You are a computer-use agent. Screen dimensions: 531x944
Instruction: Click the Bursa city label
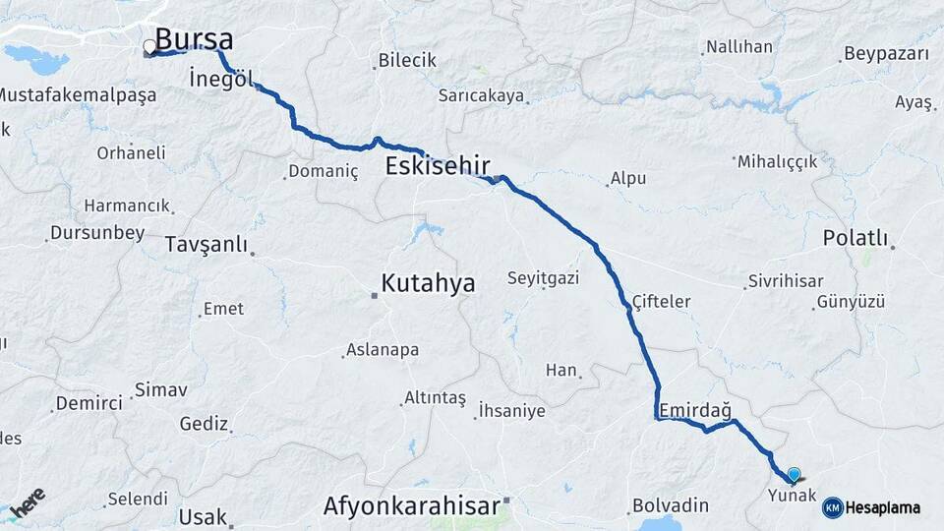[195, 40]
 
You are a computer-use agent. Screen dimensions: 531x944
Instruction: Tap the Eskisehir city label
[438, 164]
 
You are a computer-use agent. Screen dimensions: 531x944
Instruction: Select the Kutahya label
[428, 284]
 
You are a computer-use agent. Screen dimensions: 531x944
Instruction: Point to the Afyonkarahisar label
[410, 507]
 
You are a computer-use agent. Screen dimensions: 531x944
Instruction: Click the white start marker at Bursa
[149, 46]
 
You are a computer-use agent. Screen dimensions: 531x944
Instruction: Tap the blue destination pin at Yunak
[794, 473]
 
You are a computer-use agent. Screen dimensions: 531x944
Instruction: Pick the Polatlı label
[855, 238]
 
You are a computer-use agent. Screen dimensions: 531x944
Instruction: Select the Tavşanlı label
[206, 244]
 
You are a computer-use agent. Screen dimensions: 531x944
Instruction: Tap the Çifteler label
[661, 302]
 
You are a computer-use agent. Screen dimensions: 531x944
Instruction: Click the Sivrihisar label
[785, 281]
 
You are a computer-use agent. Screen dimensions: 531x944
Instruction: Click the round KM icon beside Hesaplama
[832, 507]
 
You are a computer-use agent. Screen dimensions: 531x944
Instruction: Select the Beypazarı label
[886, 54]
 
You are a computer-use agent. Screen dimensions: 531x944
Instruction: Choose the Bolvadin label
[671, 505]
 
